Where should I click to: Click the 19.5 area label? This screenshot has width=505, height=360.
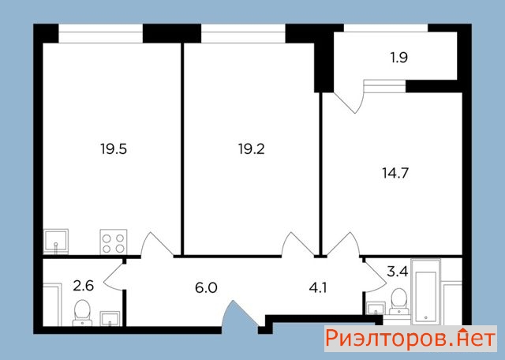click(114, 149)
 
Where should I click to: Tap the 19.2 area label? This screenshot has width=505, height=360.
click(251, 149)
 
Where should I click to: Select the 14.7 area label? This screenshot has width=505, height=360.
click(395, 173)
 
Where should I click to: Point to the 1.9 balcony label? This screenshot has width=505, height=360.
click(399, 58)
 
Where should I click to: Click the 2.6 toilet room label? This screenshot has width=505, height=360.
click(83, 286)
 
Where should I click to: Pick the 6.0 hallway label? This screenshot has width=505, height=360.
click(206, 287)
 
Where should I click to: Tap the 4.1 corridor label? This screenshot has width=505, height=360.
click(318, 287)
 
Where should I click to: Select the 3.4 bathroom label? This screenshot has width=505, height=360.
click(398, 272)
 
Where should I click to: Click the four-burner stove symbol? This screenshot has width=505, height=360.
click(114, 242)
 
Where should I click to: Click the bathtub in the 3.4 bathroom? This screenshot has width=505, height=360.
click(425, 292)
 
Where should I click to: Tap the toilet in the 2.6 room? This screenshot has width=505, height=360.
click(82, 313)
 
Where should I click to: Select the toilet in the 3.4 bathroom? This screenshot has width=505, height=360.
click(399, 302)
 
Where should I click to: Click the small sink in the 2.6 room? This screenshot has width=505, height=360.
click(110, 318)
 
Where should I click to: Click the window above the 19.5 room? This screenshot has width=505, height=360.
click(100, 33)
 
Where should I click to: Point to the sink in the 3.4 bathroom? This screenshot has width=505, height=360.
click(376, 308)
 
